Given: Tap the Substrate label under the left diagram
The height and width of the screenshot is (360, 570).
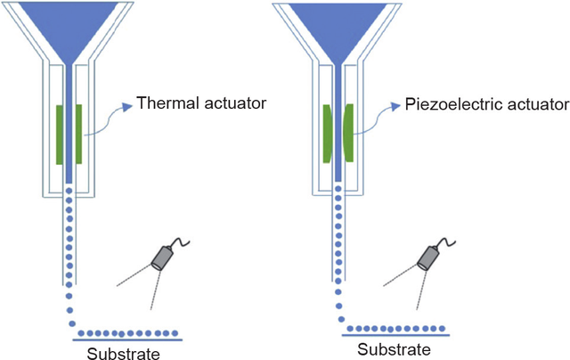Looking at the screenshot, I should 126,353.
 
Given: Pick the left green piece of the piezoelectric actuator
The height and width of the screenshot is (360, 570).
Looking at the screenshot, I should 327,133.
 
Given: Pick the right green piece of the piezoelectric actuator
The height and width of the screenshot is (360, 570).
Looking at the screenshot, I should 348,133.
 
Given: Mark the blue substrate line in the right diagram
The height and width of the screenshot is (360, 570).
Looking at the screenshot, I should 395,335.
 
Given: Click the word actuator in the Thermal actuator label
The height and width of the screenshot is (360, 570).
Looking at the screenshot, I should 236,104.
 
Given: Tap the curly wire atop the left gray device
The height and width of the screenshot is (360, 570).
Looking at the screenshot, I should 183,241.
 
